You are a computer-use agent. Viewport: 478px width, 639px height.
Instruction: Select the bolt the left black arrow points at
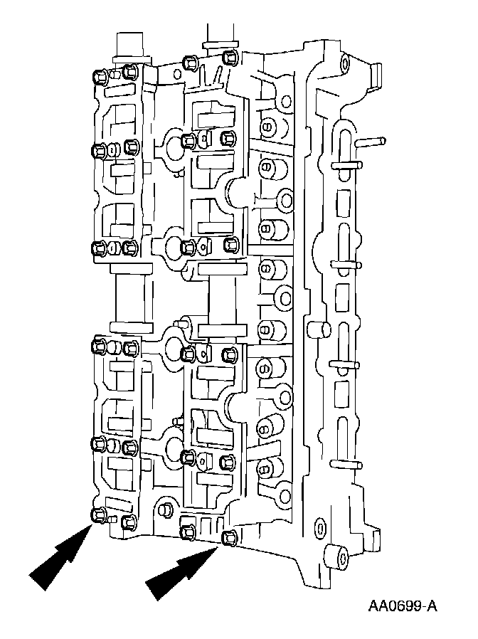coord(98,515)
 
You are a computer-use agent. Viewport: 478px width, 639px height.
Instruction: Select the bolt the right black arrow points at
coord(229,537)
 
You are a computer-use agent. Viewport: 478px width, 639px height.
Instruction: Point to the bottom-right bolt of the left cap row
coord(129,523)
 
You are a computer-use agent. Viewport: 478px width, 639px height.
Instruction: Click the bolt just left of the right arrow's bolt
coord(188,531)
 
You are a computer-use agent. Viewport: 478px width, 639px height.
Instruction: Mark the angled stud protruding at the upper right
coord(369,142)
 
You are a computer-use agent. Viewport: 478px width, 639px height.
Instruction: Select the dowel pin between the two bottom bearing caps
coord(163,509)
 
